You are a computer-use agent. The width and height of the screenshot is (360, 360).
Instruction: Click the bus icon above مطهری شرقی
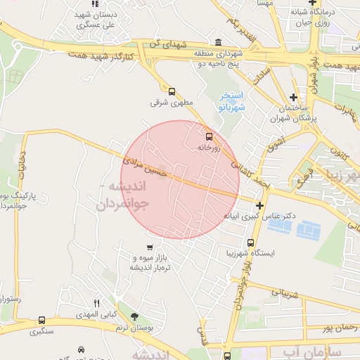pos(172,91)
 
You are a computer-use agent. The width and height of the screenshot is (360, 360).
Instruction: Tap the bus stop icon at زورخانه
pos(208,136)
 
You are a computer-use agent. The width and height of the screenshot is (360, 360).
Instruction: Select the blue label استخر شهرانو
pos(231,101)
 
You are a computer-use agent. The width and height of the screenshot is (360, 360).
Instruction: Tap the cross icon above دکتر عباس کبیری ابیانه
pos(260,205)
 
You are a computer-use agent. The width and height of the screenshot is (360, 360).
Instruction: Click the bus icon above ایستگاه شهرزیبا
pos(250,243)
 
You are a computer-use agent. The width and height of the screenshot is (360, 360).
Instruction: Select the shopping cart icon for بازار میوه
pos(150,247)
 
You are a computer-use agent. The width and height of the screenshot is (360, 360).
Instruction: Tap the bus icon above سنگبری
pos(42,321)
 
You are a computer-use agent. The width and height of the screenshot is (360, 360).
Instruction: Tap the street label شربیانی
pos(285,288)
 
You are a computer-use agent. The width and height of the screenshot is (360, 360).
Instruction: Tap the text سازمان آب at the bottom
pos(309,350)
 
